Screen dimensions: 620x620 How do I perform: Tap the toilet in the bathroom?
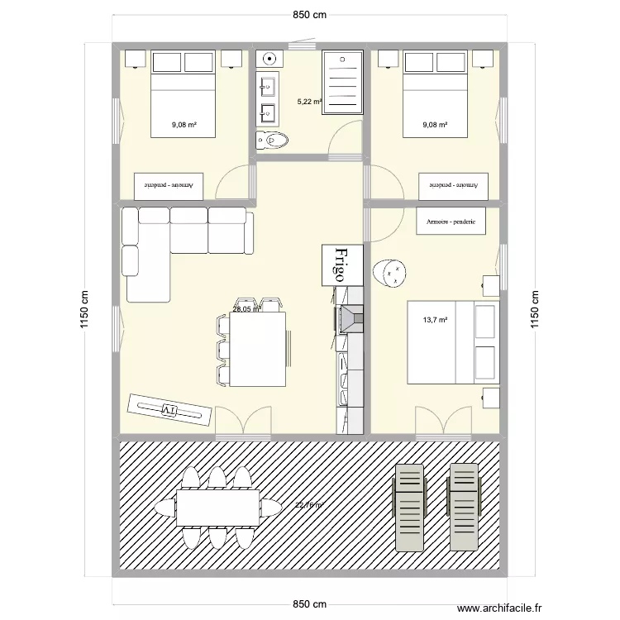pyautogui.click(x=272, y=141)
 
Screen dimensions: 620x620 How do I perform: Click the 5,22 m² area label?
pyautogui.click(x=309, y=103)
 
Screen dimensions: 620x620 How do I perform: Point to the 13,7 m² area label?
pyautogui.click(x=436, y=320)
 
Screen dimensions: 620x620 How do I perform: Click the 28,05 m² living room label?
pyautogui.click(x=246, y=310)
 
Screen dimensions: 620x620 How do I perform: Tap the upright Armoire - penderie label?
pyautogui.click(x=451, y=222)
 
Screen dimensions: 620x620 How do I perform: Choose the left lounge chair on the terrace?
pyautogui.click(x=409, y=506)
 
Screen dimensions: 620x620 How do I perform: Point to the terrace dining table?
pyautogui.click(x=218, y=508)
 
